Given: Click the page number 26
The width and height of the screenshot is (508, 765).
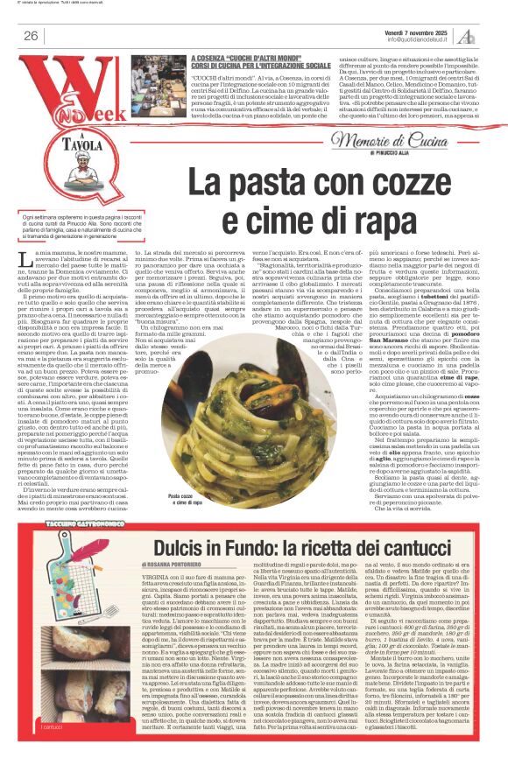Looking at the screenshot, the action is click(x=31, y=36).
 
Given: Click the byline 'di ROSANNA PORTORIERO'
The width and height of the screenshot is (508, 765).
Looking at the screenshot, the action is click(x=179, y=541).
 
